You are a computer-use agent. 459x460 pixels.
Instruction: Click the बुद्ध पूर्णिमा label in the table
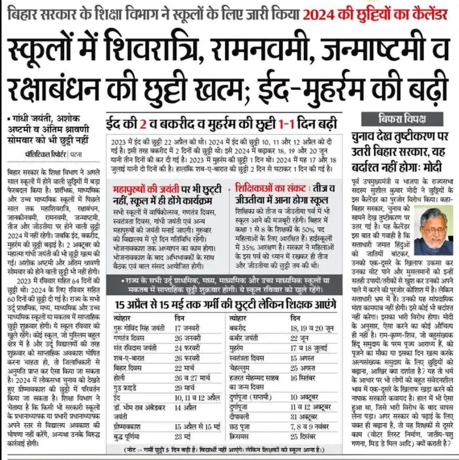131,436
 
